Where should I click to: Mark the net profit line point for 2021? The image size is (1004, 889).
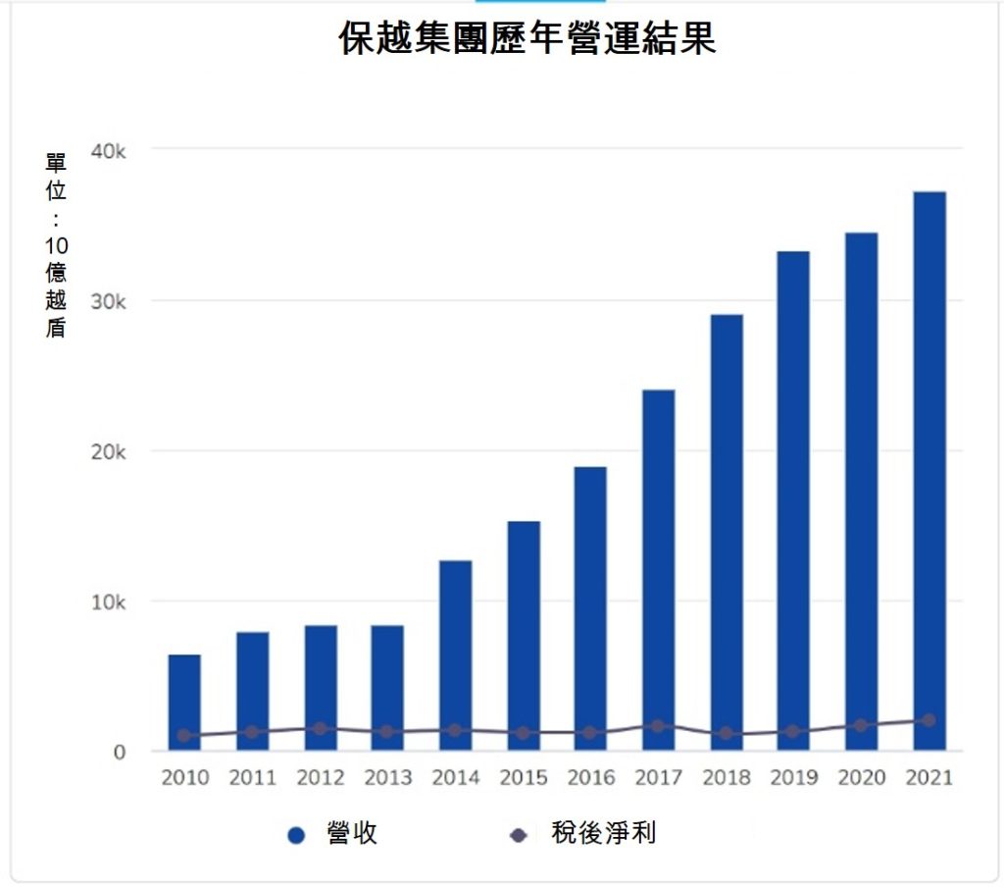coord(929,720)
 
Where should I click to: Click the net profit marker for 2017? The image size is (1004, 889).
coord(658,726)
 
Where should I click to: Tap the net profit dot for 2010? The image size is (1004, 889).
coord(183,735)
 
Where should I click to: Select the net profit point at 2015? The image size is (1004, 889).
coord(523,733)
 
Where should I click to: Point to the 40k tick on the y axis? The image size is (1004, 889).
coord(109,150)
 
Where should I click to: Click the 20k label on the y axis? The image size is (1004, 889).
coord(109,451)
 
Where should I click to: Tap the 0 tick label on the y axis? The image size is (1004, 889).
coord(120,753)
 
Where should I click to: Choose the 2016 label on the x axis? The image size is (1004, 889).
coord(590,778)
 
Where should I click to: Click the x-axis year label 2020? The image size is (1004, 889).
coord(861,778)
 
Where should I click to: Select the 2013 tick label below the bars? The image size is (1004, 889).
coord(387,778)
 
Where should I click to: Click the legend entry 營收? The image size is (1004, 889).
coord(333,834)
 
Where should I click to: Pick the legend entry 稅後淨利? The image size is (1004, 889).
coord(588,834)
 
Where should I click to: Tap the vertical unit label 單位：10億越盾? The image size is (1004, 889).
coord(56,245)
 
